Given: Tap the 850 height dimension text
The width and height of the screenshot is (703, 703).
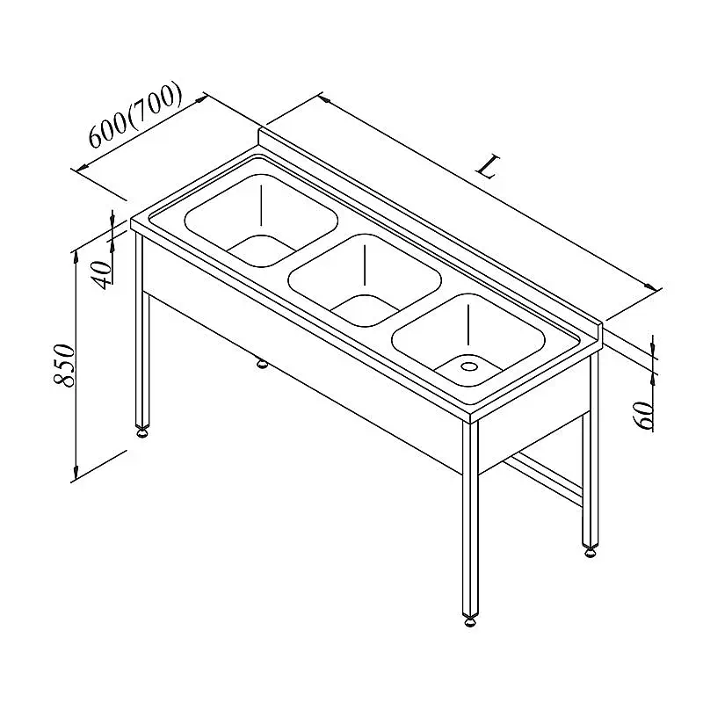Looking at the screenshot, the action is [x=63, y=365].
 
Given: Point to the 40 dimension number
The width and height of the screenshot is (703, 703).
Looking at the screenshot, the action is [x=101, y=274].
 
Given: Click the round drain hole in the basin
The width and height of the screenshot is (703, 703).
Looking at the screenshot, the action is [x=469, y=366].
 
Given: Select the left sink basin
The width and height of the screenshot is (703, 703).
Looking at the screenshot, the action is [x=261, y=221].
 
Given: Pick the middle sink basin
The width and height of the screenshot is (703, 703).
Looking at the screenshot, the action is [x=365, y=280].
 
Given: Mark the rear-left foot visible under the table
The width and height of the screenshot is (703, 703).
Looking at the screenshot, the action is [x=261, y=363].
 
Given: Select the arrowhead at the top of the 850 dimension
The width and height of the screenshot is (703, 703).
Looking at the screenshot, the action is [x=76, y=257].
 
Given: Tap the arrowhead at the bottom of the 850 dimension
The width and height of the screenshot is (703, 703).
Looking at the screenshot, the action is [x=76, y=473].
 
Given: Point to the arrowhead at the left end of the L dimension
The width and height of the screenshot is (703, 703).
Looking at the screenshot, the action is [x=324, y=99].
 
